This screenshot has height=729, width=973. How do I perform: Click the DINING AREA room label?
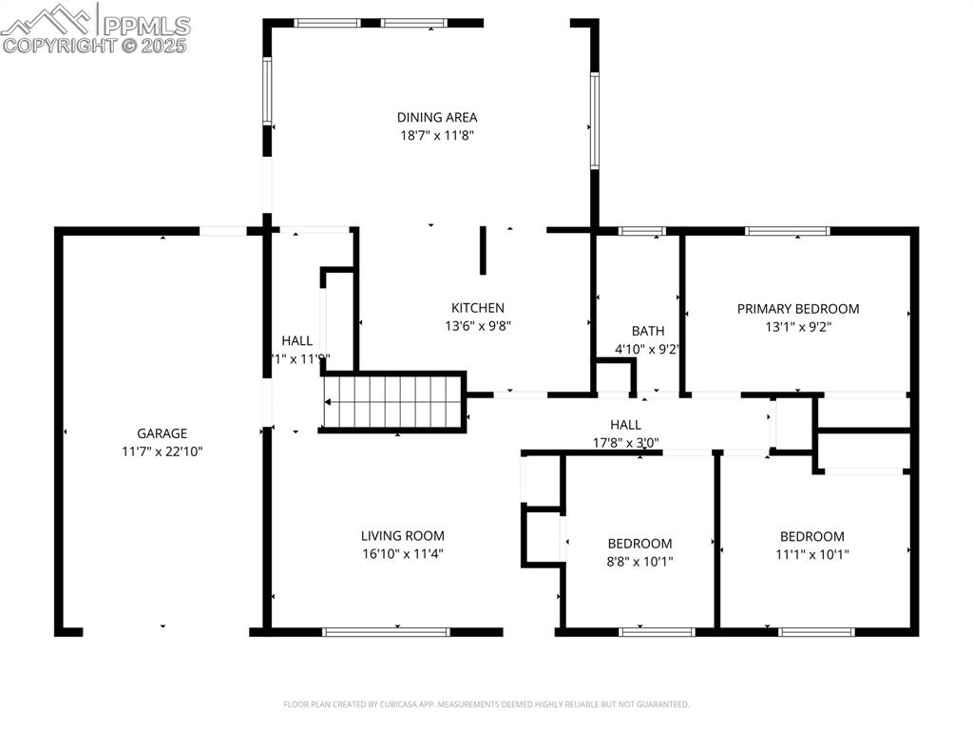coord(437,117)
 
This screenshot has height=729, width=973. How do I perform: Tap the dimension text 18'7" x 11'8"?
coord(437,135)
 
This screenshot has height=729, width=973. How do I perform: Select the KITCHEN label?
coord(477,308)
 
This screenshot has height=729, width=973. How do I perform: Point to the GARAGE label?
coord(162,433)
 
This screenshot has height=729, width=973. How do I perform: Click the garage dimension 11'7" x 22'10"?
coord(162,451)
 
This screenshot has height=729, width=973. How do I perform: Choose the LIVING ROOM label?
coord(402,535)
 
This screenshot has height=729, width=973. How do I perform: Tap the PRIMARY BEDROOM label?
coord(798,308)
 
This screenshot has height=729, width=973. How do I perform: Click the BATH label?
coord(648,331)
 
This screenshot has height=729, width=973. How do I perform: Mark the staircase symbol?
coord(392,402)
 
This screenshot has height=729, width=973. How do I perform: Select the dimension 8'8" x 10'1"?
coord(639,561)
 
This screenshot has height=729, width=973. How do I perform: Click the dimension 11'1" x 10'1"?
coord(812,554)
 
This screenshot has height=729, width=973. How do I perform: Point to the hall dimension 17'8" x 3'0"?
coord(625,442)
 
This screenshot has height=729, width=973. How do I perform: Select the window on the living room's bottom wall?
coord(385,631)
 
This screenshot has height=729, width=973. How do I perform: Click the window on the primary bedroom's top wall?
coord(787,231)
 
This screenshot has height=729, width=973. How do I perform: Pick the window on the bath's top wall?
coord(641,231)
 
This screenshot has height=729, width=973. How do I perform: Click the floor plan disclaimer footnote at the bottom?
coord(486,704)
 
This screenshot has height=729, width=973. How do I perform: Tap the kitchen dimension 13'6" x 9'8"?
coord(477,326)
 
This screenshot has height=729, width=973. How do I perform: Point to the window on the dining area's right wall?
coord(595,121)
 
